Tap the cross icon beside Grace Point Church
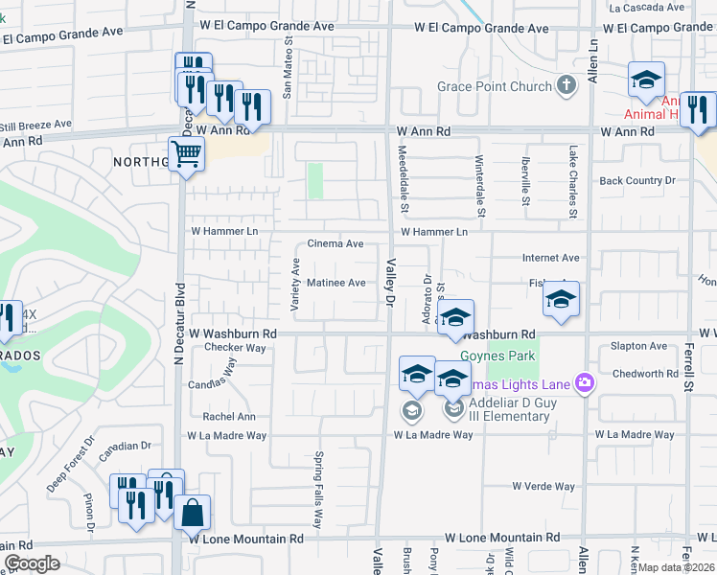point(567,86)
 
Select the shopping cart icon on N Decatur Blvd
point(186,153)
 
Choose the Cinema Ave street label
point(335,244)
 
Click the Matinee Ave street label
point(335,283)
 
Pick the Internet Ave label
point(550,258)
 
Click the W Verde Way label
point(543,486)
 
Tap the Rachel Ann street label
point(228,417)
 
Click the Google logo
point(32,563)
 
